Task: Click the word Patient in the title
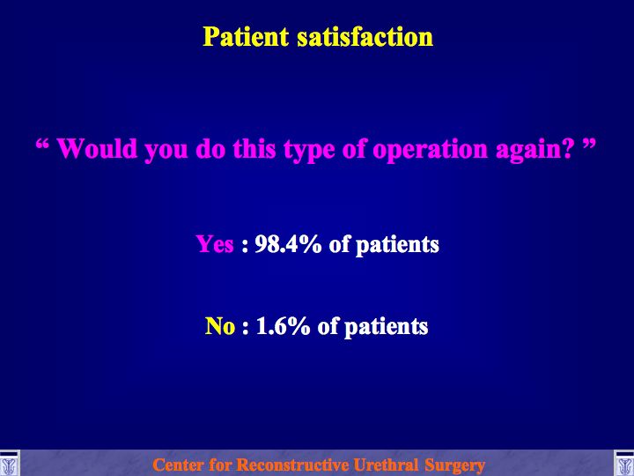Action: point(246,37)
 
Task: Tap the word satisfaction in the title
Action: point(365,37)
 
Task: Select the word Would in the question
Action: point(97,149)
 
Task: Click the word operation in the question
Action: point(430,150)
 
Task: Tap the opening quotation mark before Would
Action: point(42,144)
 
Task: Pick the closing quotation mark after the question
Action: point(589,144)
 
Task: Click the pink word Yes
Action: point(215,244)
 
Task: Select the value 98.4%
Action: point(288,244)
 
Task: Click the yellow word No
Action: point(220,326)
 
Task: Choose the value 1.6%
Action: point(283,326)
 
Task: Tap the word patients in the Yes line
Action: point(397,246)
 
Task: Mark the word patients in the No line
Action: point(387,327)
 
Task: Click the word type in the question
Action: point(309,151)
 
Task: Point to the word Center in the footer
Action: point(178,465)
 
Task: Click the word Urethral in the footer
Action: point(387,465)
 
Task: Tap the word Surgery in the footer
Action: point(455,465)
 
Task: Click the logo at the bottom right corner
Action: point(624,464)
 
